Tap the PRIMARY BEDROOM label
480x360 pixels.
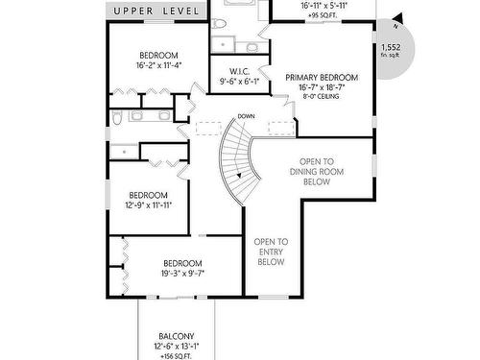(322, 77)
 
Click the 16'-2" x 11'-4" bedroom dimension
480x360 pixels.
(159, 66)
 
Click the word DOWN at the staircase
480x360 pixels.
(245, 116)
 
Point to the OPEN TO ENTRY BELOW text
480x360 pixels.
(271, 252)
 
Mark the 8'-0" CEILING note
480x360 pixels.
(322, 97)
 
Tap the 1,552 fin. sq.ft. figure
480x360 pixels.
(391, 51)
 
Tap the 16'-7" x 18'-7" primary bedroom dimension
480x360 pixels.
(322, 87)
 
